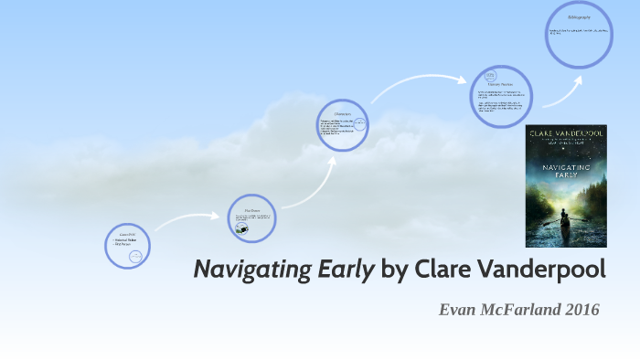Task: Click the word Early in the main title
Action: point(346,270)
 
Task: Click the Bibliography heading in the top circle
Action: point(580,17)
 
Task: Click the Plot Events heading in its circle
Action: point(251,209)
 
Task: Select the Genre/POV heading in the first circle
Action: point(126,235)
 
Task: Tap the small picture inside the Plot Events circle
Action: point(240,229)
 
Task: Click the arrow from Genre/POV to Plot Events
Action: point(187,220)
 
